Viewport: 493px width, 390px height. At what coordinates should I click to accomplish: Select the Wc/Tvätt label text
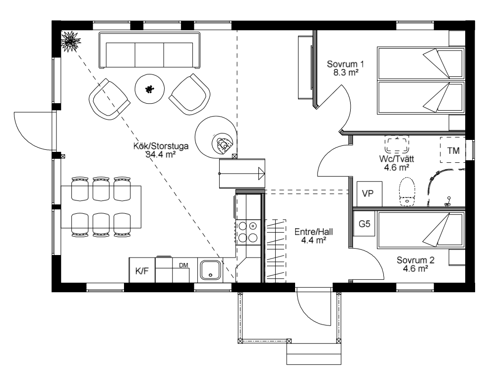(396, 159)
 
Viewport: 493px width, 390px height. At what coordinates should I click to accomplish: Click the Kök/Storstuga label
(161, 146)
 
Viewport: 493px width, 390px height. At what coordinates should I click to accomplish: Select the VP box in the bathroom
(370, 194)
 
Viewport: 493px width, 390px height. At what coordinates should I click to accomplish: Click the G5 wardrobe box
(365, 224)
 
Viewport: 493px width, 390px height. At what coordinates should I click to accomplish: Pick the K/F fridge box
(142, 270)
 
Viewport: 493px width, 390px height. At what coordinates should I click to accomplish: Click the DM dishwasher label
(184, 265)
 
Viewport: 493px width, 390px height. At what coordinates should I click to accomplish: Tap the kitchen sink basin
(211, 270)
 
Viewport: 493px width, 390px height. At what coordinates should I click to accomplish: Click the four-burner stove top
(248, 232)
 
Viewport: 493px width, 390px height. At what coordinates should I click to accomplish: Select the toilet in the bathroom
(407, 192)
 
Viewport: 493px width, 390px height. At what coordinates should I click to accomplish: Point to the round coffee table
(150, 88)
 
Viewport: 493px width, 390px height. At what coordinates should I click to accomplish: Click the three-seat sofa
(149, 50)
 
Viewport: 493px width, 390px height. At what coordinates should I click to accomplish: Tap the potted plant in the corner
(71, 41)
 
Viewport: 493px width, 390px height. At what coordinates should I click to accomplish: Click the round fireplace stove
(216, 137)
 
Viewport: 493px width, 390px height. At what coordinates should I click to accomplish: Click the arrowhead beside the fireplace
(261, 174)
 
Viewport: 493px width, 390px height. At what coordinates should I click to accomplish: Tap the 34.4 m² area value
(161, 154)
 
